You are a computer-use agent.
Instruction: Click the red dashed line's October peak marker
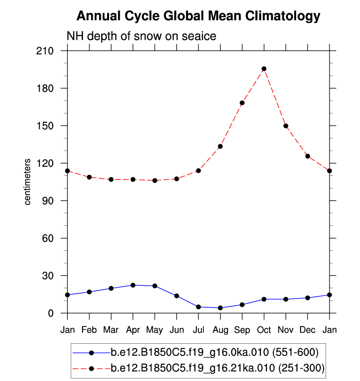pos(264,69)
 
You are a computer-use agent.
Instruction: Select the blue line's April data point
pos(133,285)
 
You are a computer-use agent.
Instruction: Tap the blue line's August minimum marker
pos(220,308)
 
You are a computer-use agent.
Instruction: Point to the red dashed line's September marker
pos(242,103)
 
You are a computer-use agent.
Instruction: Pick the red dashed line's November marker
pos(285,126)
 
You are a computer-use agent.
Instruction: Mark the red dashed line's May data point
pos(155,181)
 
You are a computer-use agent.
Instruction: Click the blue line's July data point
pos(198,307)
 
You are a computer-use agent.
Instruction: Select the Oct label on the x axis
pos(264,328)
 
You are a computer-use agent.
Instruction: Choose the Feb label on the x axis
pos(89,328)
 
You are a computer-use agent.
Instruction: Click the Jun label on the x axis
pos(176,328)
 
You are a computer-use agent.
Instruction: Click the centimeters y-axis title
pos(28,182)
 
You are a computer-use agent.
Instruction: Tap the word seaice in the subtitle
pos(198,36)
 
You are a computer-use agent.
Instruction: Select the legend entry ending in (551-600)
pos(215,352)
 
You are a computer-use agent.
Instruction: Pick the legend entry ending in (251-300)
pos(217,367)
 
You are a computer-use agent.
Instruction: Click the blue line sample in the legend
pos(91,352)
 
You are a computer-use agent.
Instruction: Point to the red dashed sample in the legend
pos(91,367)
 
